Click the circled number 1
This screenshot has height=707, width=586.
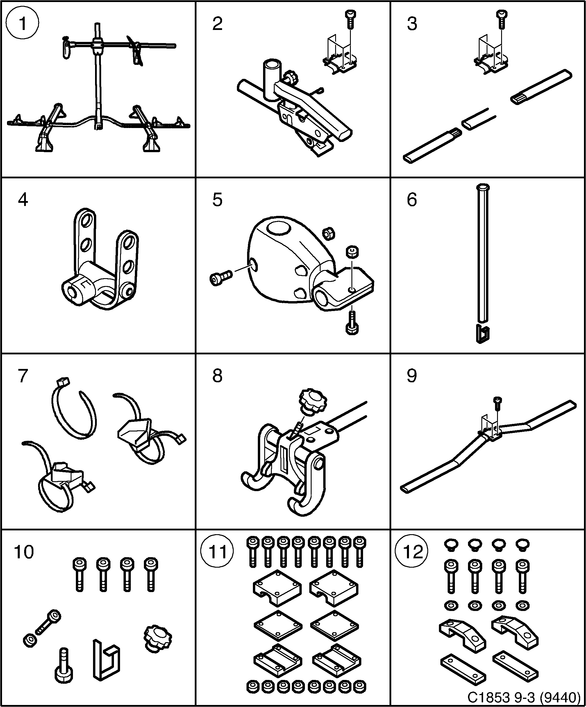tap(23, 24)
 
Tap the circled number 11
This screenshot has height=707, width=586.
tap(217, 552)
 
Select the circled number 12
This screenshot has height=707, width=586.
tap(411, 552)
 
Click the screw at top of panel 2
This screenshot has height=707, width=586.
tap(350, 19)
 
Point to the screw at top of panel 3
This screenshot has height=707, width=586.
tap(502, 19)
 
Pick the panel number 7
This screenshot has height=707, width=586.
tap(23, 376)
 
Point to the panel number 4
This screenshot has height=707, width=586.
tap(23, 200)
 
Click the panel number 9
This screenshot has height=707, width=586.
tap(411, 376)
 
